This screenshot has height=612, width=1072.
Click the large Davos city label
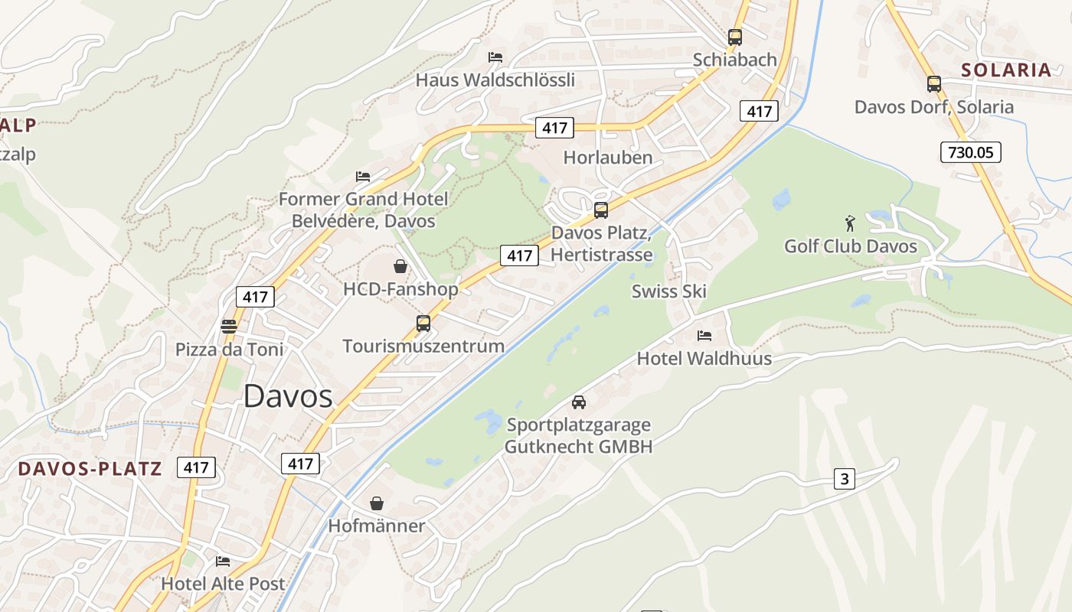(288, 396)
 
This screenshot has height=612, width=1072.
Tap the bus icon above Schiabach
(735, 37)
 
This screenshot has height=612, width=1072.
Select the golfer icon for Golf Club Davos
(850, 223)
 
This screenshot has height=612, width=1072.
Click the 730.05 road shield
(971, 152)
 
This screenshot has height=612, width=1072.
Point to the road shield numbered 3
(845, 479)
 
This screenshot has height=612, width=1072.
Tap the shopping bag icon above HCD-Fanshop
(400, 266)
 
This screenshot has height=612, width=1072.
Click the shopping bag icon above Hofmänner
(376, 503)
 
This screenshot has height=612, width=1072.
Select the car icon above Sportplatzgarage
(579, 402)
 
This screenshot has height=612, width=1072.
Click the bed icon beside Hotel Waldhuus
(704, 335)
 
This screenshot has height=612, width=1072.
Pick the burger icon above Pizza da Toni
(229, 327)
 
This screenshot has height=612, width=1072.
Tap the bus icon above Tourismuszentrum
(423, 323)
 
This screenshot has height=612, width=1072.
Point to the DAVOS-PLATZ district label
(90, 468)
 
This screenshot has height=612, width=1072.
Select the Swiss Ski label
(668, 291)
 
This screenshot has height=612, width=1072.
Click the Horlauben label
(608, 158)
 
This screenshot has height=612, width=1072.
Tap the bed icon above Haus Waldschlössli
(495, 57)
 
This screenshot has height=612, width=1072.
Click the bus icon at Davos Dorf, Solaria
(933, 84)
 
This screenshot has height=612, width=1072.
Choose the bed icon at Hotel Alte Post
(223, 561)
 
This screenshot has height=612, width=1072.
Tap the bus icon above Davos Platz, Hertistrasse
(601, 210)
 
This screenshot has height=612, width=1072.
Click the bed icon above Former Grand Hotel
(363, 177)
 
